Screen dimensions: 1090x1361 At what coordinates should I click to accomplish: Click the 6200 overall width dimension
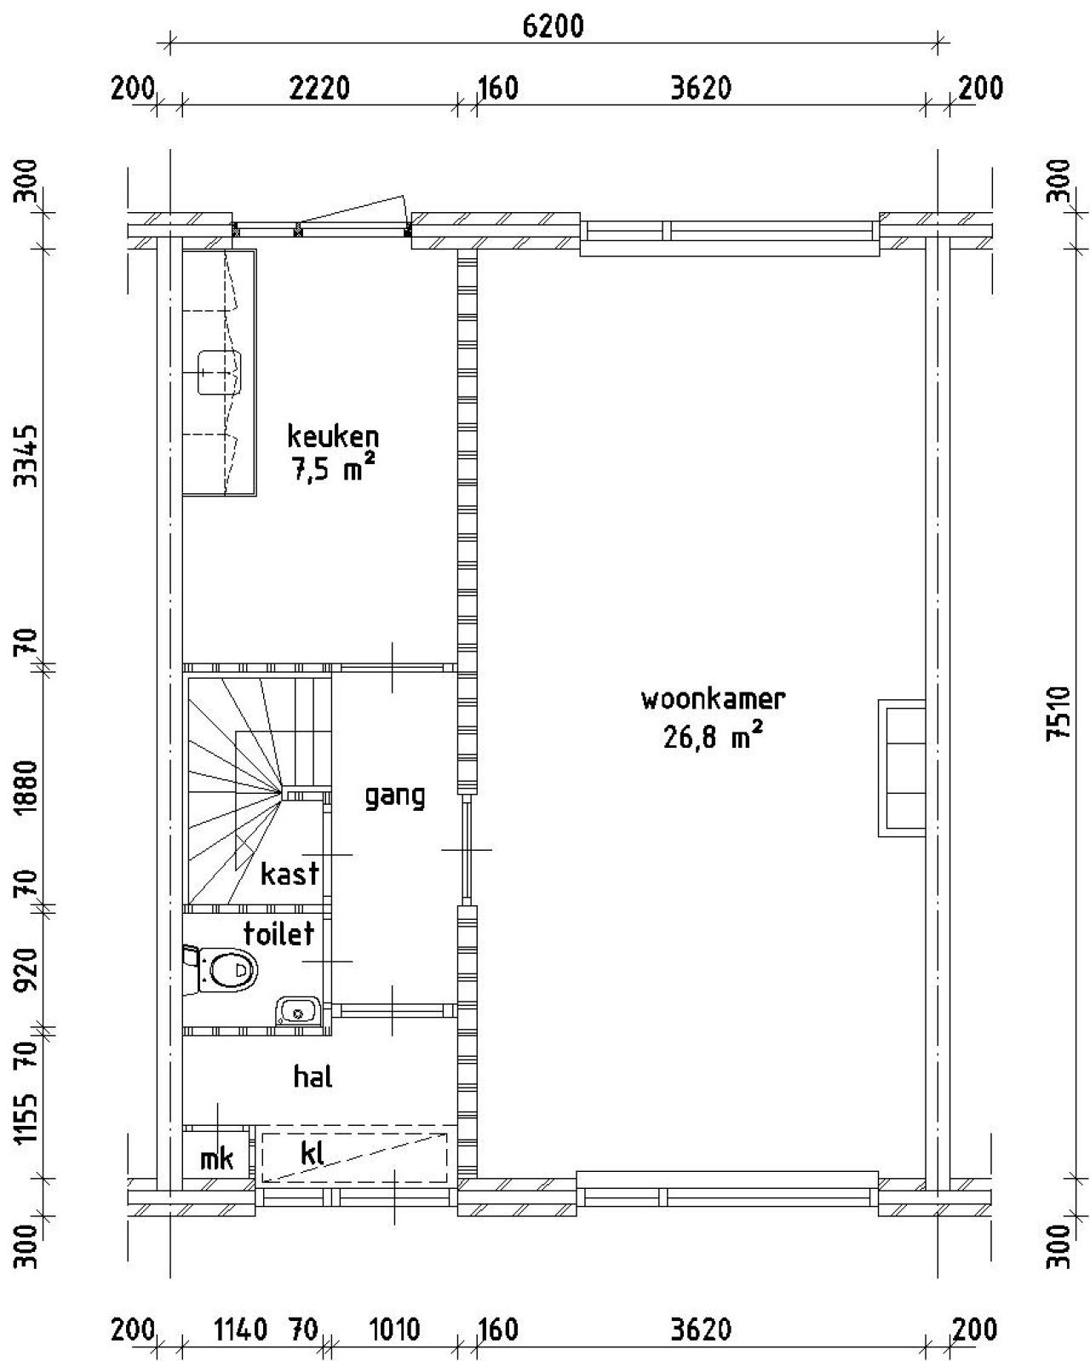tap(554, 27)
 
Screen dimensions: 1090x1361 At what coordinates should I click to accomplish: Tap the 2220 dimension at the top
tap(319, 88)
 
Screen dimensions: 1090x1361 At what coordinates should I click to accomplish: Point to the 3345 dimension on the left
tap(26, 456)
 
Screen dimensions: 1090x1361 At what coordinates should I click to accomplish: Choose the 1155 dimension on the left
tap(26, 1116)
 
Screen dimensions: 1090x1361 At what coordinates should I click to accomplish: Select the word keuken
tap(333, 436)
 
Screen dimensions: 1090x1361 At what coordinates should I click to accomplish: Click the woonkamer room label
tap(713, 699)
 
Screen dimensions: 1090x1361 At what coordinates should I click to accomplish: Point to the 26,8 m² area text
tap(713, 736)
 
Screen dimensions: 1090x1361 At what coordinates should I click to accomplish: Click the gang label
tap(395, 797)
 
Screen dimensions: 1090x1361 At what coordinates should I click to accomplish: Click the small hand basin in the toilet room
tap(298, 1012)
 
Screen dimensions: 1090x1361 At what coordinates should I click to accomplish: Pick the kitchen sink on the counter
tap(219, 372)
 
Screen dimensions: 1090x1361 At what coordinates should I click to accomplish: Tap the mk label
tap(217, 1159)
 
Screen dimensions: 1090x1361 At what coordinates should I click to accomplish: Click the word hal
tap(313, 1076)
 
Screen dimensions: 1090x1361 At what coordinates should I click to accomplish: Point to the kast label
tap(290, 874)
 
